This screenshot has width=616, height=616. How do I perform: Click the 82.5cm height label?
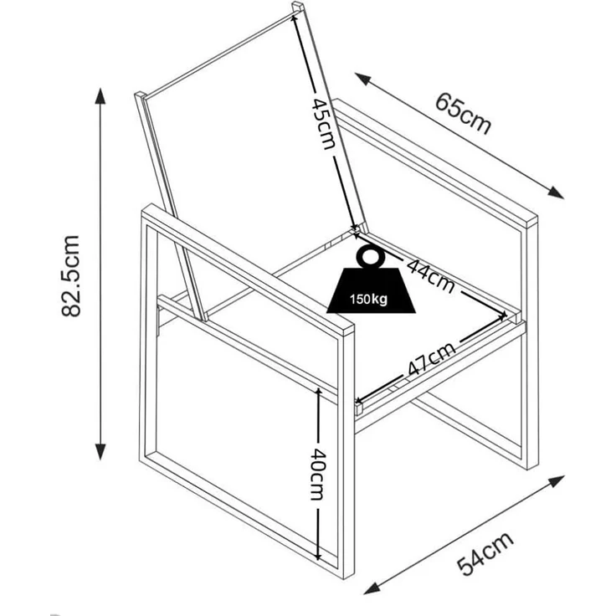70,276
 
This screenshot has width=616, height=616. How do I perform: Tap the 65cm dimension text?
463,114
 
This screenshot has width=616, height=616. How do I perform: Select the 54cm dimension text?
485,554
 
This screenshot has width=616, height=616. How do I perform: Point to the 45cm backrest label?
324,124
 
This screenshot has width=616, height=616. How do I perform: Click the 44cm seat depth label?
430,275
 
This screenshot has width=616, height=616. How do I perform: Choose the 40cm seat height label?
318,475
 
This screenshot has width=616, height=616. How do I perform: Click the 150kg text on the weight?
368,300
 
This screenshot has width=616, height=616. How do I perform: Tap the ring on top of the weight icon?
369,257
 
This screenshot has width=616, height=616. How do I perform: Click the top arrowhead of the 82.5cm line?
100,95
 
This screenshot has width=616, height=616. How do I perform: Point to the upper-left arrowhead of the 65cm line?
362,78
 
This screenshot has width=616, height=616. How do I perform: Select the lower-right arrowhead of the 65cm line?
557,192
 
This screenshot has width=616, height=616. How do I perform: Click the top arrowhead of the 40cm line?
318,392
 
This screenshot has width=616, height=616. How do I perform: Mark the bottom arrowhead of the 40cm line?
318,557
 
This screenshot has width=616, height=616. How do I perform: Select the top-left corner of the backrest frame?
140,95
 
